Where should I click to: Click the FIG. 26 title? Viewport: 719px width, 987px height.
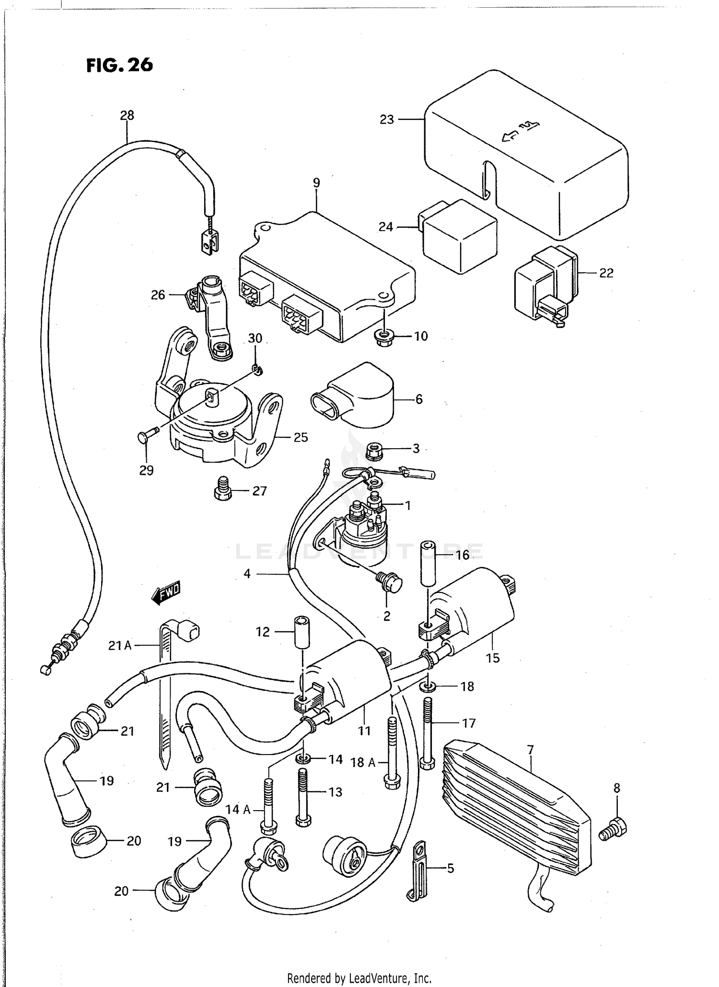[x=119, y=65]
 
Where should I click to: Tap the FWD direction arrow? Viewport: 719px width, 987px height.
[x=166, y=592]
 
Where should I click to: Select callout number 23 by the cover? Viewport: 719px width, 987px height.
[x=386, y=119]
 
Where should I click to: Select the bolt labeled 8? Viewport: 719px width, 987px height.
[x=614, y=828]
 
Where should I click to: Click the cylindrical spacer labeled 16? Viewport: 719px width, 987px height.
[x=429, y=563]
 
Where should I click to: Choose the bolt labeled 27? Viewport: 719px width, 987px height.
[x=222, y=488]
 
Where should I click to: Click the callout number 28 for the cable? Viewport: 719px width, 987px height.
[x=127, y=115]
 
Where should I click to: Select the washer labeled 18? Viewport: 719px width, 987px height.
[x=428, y=686]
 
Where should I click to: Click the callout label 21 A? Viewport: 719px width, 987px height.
[x=119, y=646]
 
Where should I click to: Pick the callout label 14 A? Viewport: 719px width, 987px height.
[x=238, y=810]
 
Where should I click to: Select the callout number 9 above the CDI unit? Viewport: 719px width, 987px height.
[x=316, y=183]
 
